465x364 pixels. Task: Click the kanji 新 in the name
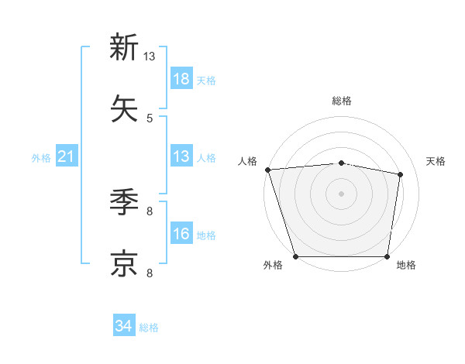point(124,47)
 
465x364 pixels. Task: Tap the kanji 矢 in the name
point(124,109)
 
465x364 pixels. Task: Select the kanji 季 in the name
point(124,202)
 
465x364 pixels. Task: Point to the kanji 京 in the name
point(124,264)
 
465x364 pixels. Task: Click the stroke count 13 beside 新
point(150,57)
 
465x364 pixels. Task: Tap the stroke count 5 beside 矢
point(150,118)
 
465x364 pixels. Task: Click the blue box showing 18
point(181,79)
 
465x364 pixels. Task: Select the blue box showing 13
point(181,157)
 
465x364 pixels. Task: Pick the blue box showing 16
point(181,235)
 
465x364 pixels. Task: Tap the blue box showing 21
point(67,157)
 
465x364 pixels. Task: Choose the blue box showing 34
point(124,327)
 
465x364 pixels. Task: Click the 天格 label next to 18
point(206,81)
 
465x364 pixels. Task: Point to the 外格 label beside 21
point(41,158)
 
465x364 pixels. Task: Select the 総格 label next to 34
point(149,328)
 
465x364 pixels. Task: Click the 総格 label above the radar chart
point(341,101)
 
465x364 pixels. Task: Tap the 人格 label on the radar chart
point(248,161)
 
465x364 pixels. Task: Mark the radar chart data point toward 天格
point(400,174)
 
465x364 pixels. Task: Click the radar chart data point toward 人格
point(267,170)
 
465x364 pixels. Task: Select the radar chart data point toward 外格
point(296,256)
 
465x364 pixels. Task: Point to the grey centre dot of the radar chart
point(341,193)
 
